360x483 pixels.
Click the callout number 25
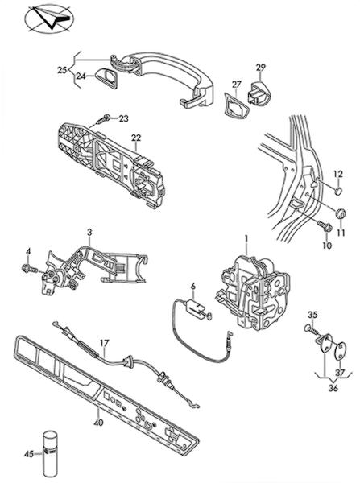click(x=62, y=70)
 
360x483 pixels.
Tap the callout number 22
click(x=136, y=138)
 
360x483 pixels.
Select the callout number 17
click(x=105, y=343)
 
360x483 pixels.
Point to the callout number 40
click(x=98, y=423)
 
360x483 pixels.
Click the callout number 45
click(x=29, y=454)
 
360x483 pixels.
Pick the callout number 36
click(x=333, y=388)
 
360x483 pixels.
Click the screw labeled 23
click(x=103, y=119)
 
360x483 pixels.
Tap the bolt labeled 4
click(x=29, y=268)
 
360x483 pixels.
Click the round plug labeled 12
click(x=339, y=191)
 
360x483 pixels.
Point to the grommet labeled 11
click(x=341, y=213)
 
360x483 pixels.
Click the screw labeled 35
click(x=311, y=329)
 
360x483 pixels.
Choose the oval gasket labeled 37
click(x=340, y=351)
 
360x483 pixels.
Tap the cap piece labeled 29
click(x=259, y=93)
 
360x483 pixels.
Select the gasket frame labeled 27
click(x=235, y=105)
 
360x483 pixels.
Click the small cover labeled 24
click(x=106, y=77)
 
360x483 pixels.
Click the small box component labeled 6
click(x=195, y=308)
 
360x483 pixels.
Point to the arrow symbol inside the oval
click(x=49, y=19)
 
